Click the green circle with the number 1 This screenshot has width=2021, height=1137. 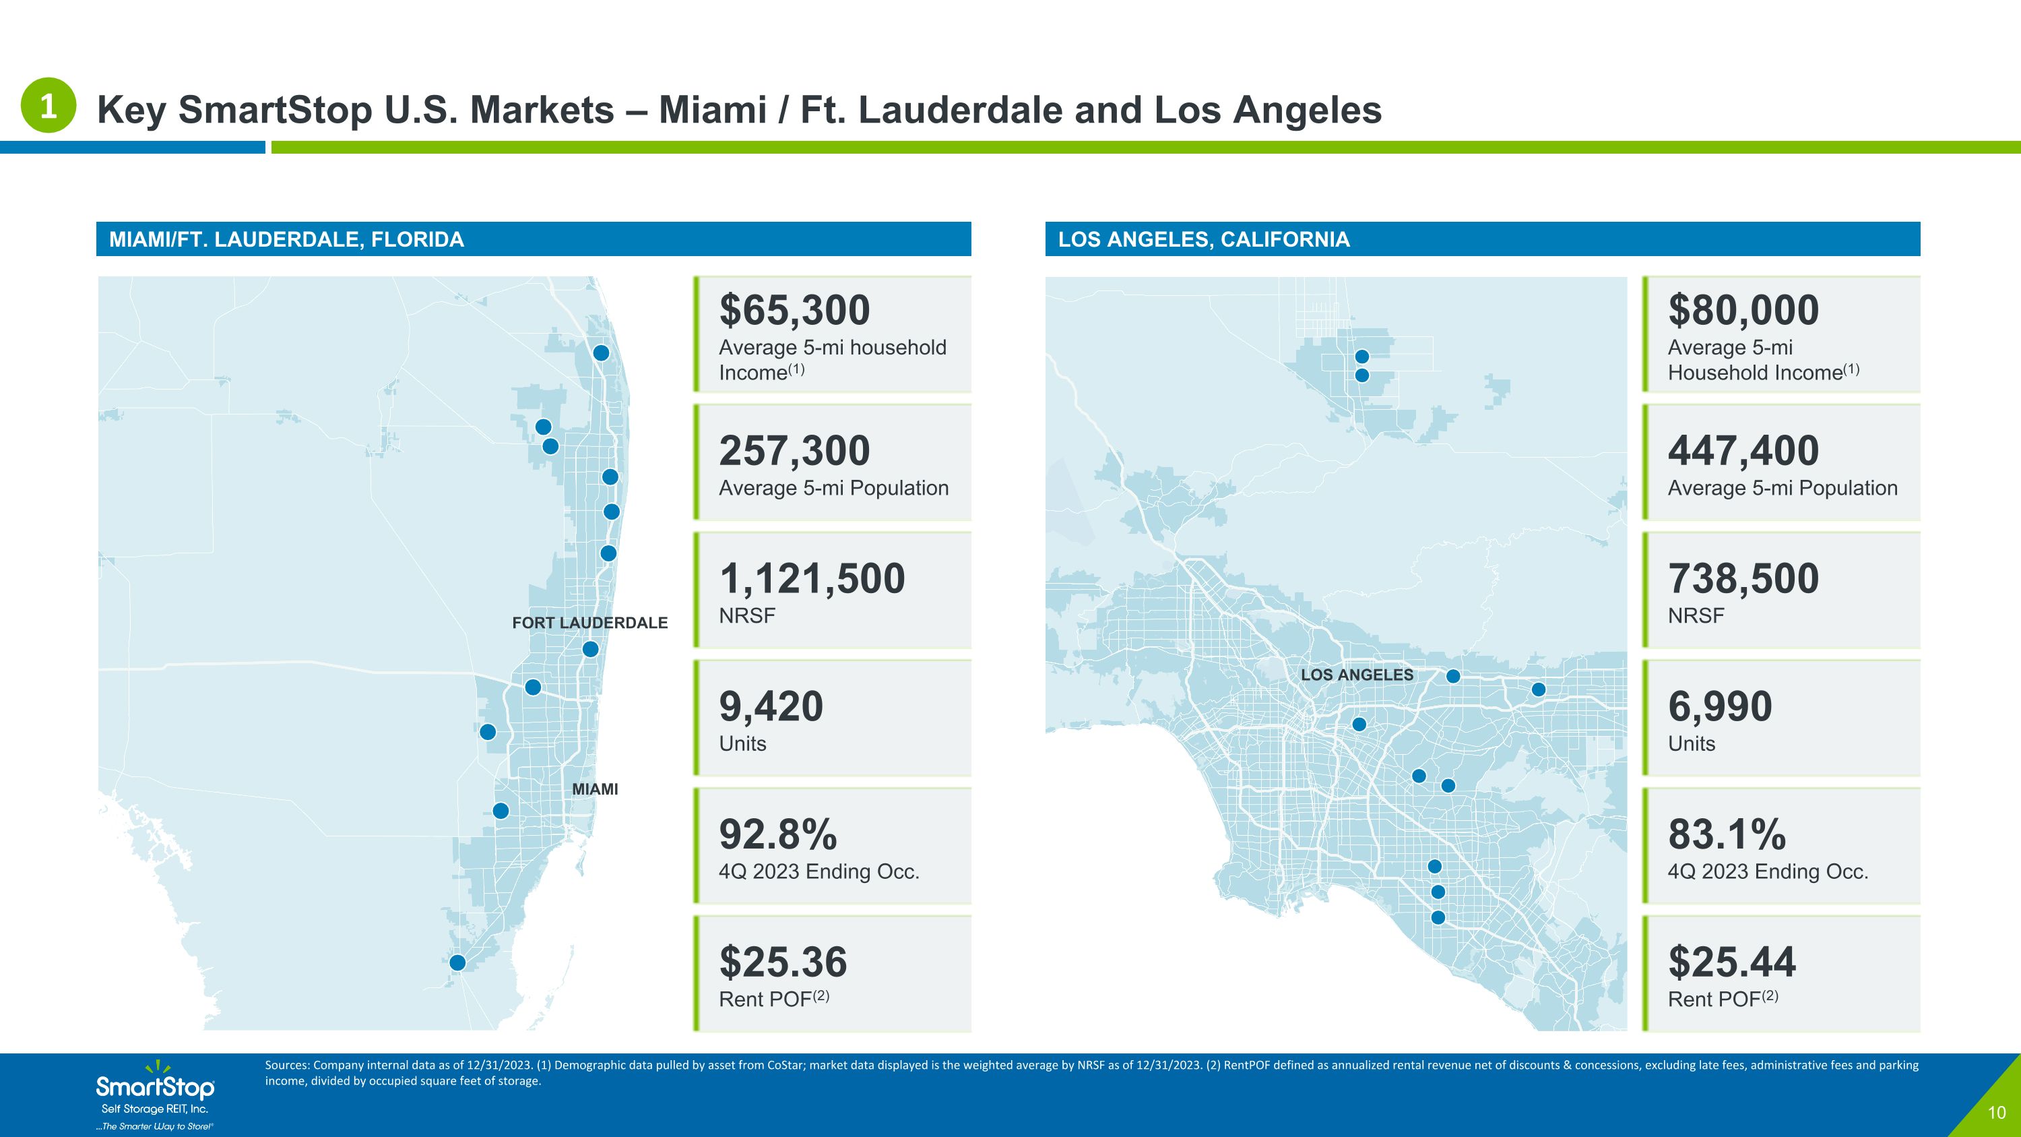click(48, 105)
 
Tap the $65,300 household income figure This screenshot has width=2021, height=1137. click(795, 310)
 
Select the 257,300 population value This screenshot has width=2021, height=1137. click(795, 450)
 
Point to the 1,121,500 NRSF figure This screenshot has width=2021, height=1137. click(812, 578)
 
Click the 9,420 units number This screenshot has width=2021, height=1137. click(771, 706)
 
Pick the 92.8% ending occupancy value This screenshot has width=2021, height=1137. click(778, 834)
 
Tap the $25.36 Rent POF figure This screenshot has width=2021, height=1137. click(783, 962)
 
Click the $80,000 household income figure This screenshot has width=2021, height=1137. click(1743, 310)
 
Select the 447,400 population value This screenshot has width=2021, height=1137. click(1743, 450)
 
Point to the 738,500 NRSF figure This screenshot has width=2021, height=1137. click(1743, 578)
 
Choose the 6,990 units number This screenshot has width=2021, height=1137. click(1720, 706)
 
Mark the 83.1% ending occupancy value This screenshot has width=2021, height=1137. click(1727, 834)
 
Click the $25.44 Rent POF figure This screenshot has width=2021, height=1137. click(1731, 962)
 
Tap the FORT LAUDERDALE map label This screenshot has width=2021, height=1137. click(590, 623)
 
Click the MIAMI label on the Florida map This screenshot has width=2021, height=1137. click(595, 789)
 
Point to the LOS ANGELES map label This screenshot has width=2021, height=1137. click(1357, 675)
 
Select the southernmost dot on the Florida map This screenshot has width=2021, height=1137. click(457, 962)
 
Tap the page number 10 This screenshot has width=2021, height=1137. click(1996, 1113)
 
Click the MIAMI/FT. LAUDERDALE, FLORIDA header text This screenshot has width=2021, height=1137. click(286, 239)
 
